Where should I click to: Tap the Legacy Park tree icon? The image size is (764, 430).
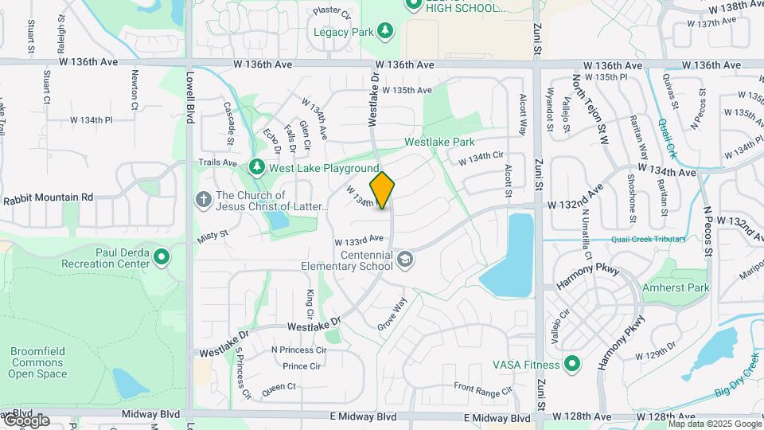pos(385,31)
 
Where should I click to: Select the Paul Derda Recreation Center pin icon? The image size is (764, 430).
pos(162,256)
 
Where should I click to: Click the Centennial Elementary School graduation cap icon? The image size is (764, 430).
pos(405,260)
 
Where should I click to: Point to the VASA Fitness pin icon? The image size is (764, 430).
pos(571,365)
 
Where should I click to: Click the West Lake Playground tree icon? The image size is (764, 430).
pos(256,167)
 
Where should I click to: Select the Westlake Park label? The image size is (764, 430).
pos(439,142)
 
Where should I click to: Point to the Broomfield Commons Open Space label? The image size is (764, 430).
pos(37,362)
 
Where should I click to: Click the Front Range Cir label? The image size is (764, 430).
pos(483,389)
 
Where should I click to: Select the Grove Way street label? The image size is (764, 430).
pos(392,314)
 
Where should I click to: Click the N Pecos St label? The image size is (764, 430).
pos(707,230)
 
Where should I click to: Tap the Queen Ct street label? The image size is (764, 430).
pos(279,386)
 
